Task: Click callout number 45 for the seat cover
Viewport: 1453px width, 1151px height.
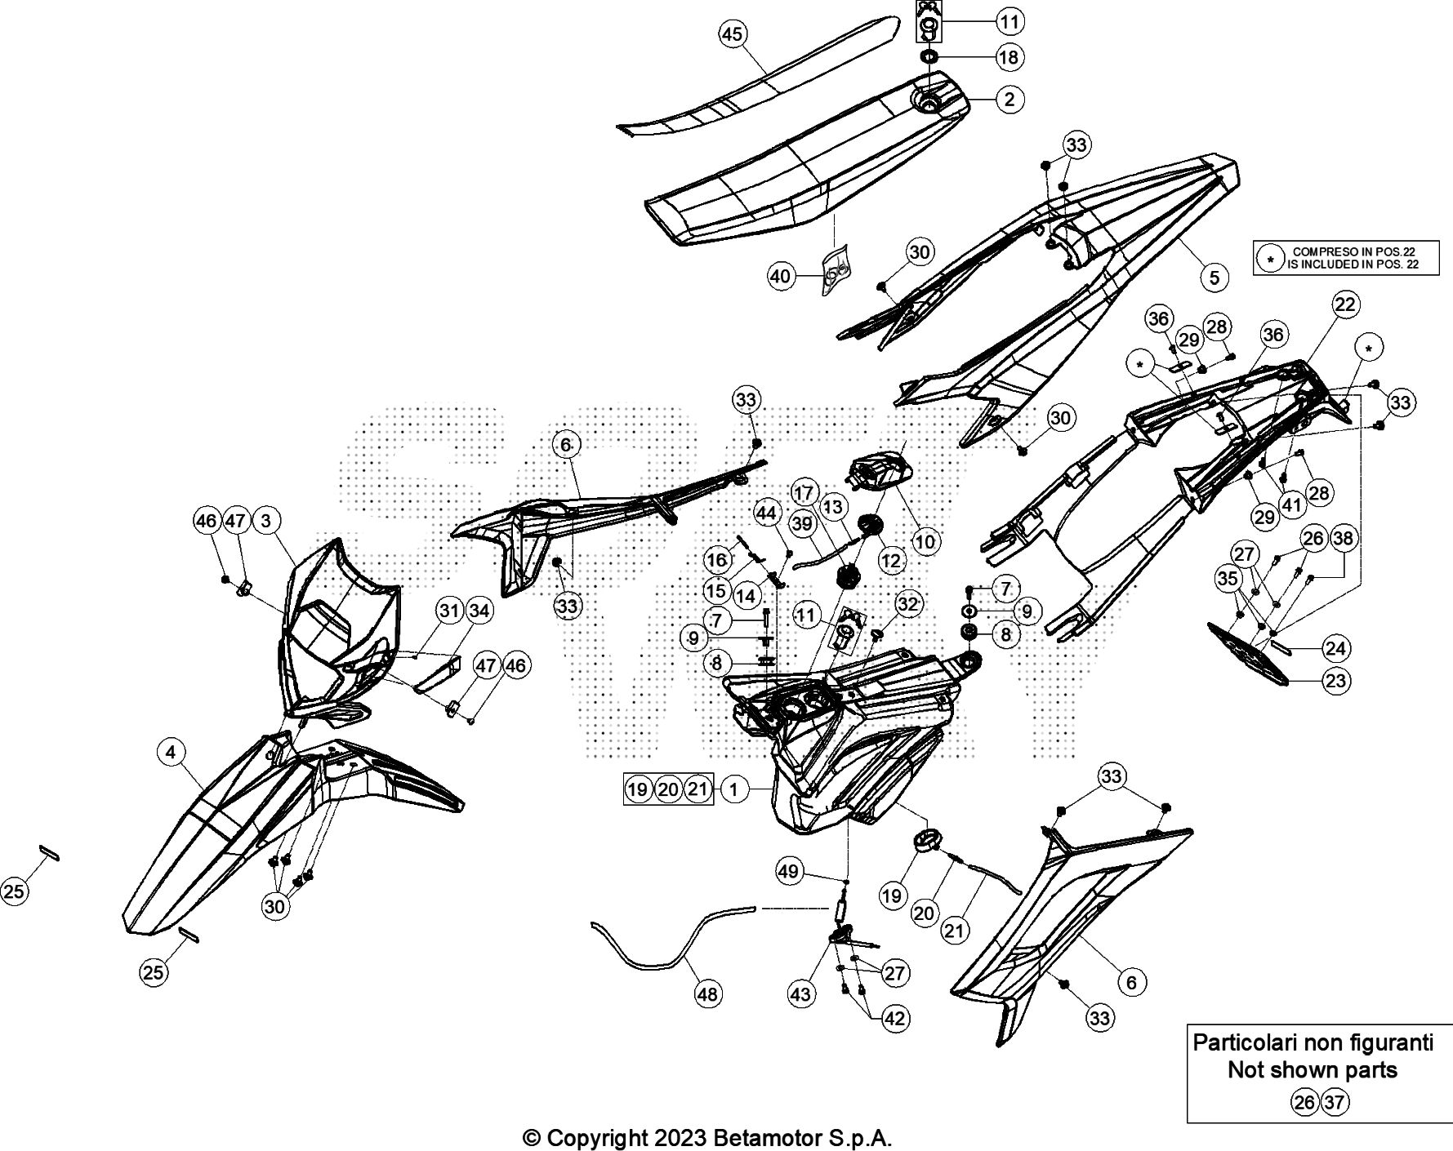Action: point(733,34)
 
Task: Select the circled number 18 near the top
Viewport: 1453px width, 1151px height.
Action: point(1009,57)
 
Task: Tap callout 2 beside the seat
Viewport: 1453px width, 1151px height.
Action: point(1010,100)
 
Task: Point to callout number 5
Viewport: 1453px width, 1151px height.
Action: point(1215,278)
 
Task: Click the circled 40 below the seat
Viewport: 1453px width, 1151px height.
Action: point(781,276)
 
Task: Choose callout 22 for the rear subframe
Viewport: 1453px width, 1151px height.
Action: point(1344,305)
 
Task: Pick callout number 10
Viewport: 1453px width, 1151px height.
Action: point(925,540)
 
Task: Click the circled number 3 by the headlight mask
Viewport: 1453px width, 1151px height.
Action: point(266,520)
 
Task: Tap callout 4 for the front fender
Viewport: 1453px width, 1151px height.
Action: point(171,752)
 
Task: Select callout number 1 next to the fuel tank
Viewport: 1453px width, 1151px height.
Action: point(734,789)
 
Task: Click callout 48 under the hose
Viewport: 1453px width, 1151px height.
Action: point(707,993)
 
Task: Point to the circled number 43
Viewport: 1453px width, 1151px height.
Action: point(800,993)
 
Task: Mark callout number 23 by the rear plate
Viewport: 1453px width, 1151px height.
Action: point(1336,681)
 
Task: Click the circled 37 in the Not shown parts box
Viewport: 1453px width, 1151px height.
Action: point(1335,1103)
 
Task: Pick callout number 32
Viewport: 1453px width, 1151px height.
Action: point(907,604)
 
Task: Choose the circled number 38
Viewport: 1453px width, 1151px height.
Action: point(1342,538)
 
